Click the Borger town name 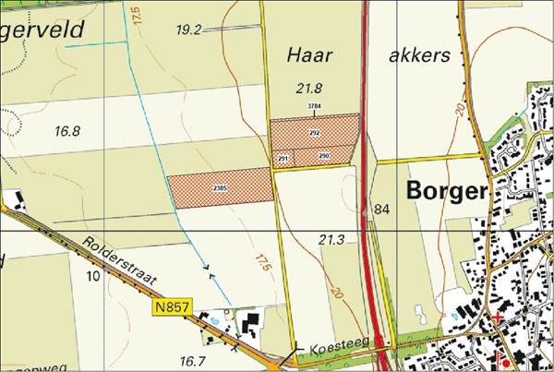[446, 192]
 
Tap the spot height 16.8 [67, 131]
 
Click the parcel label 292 [314, 134]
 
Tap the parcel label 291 [283, 159]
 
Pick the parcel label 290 [324, 156]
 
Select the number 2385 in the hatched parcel [220, 188]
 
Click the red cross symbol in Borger [500, 318]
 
